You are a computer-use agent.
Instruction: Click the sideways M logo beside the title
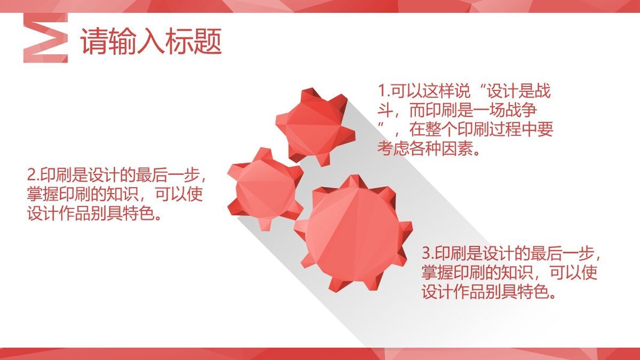pos(46,38)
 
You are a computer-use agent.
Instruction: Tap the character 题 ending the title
pos(209,42)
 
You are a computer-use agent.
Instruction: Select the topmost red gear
pos(315,127)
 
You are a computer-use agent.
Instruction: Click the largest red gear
pos(354,234)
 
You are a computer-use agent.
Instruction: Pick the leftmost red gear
pos(265,189)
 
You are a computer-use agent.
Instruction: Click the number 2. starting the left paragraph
pos(34,175)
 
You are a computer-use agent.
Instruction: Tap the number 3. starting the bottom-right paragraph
pos(428,253)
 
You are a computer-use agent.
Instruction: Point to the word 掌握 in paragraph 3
pos(437,273)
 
